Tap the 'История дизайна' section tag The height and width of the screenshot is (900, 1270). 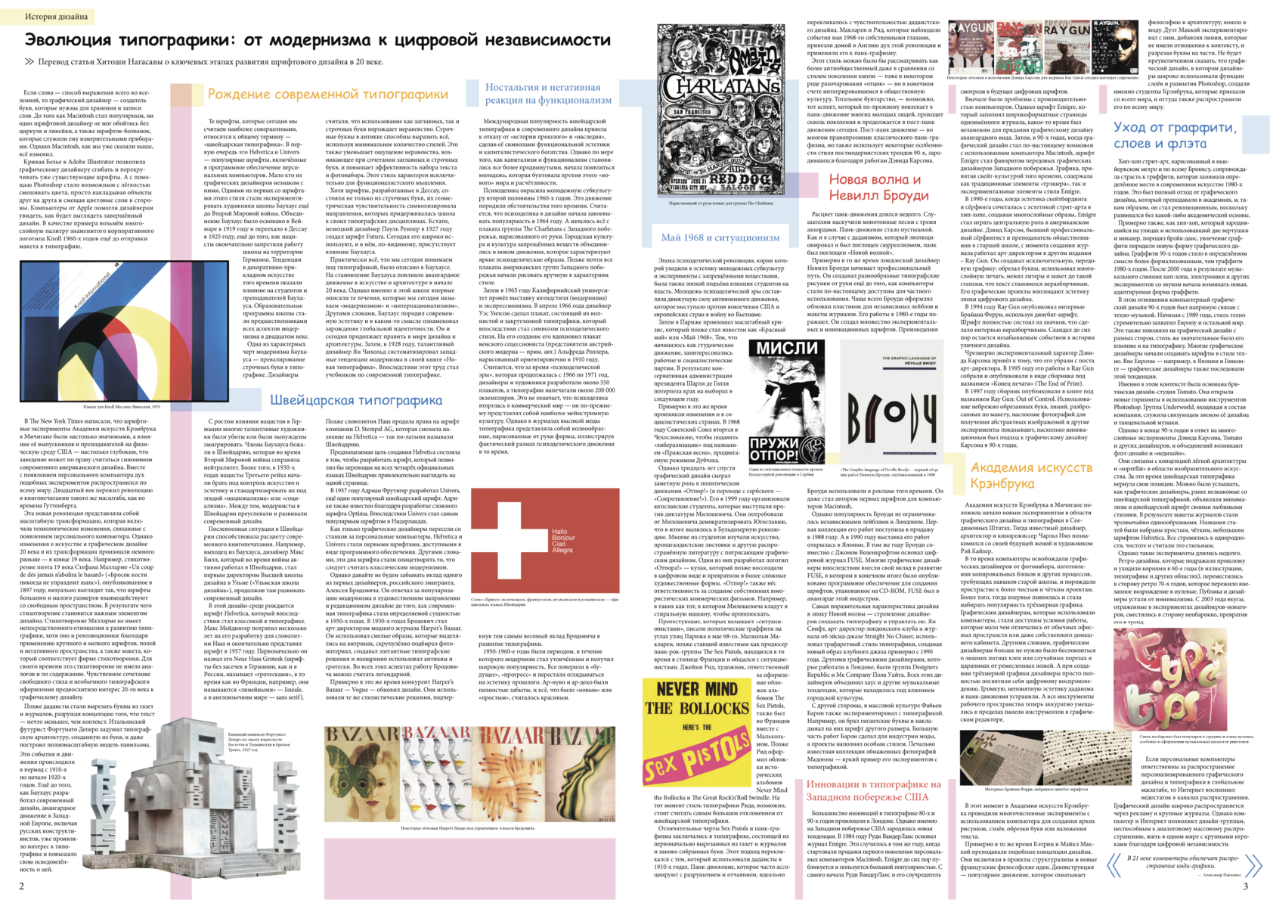pyautogui.click(x=57, y=16)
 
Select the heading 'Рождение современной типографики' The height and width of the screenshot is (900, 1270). pyautogui.click(x=327, y=95)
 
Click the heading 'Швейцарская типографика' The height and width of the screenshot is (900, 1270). pyautogui.click(x=356, y=400)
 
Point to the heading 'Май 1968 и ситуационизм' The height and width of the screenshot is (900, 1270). pyautogui.click(x=720, y=237)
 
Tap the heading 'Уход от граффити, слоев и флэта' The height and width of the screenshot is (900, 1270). pyautogui.click(x=1175, y=135)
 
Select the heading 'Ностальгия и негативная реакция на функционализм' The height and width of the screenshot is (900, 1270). pyautogui.click(x=548, y=93)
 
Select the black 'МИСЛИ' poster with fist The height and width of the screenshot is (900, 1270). pyautogui.click(x=786, y=401)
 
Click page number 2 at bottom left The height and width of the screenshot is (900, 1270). pyautogui.click(x=22, y=886)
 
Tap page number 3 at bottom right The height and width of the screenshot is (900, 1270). pyautogui.click(x=1245, y=886)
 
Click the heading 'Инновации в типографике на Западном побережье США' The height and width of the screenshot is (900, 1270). pyautogui.click(x=873, y=790)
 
